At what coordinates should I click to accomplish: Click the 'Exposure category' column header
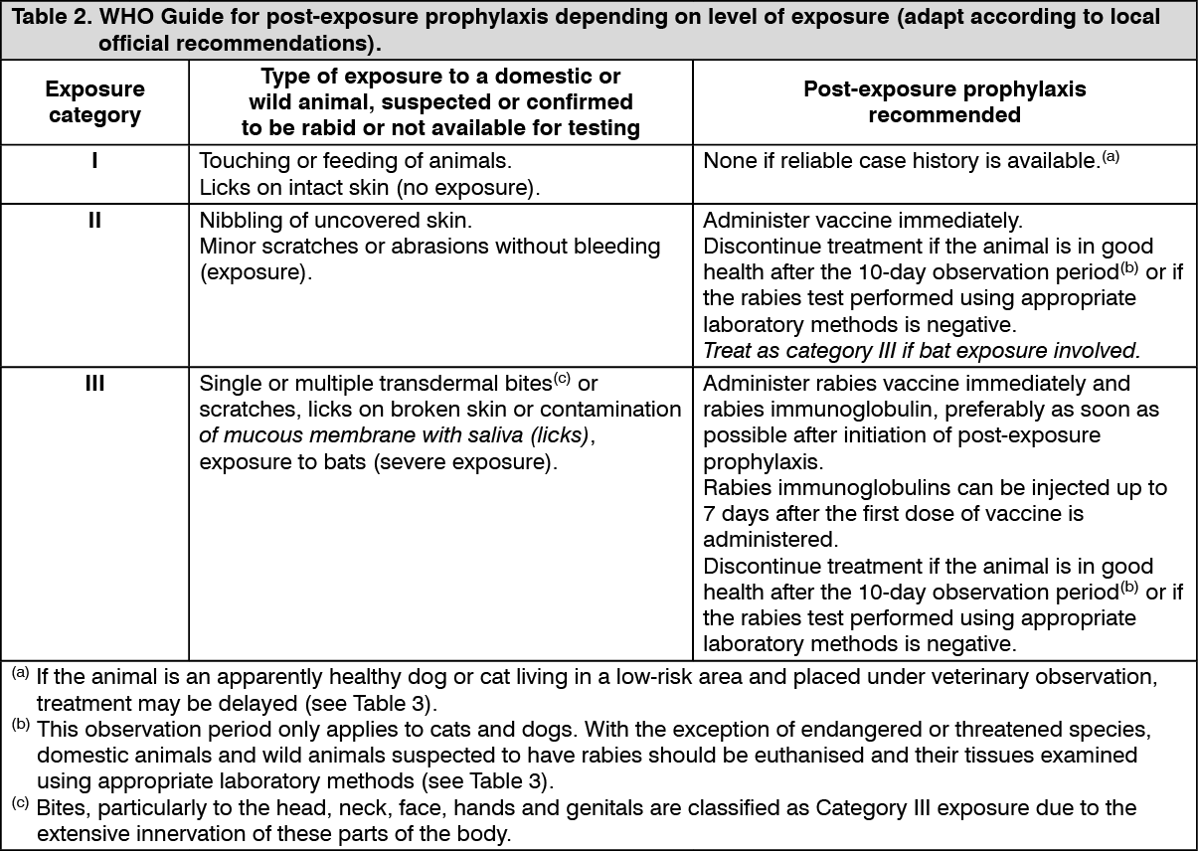tap(94, 101)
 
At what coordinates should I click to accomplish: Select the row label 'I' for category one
tap(94, 159)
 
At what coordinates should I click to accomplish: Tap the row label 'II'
tap(94, 219)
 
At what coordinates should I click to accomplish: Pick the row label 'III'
tap(94, 384)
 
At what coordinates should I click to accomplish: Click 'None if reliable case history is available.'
tap(900, 160)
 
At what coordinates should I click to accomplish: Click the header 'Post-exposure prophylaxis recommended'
tap(944, 101)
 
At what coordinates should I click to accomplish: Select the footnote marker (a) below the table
tap(20, 674)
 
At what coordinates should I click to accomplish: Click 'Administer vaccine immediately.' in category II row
tap(862, 220)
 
